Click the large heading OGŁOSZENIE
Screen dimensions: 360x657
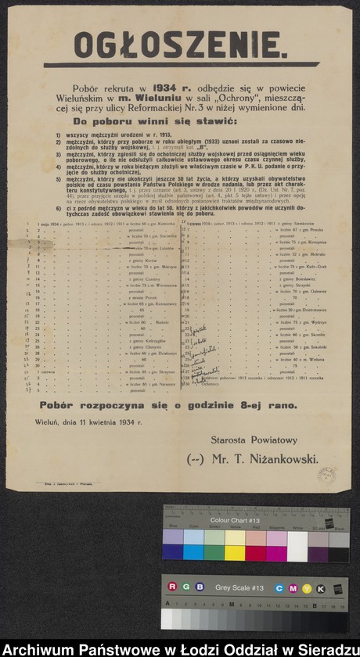coord(181,45)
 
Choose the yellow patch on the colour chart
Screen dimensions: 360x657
coord(235,552)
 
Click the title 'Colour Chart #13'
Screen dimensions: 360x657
coord(235,519)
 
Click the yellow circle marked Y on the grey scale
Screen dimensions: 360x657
coord(308,587)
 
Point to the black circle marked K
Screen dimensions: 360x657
coord(321,587)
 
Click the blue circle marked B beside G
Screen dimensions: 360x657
coord(200,587)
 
